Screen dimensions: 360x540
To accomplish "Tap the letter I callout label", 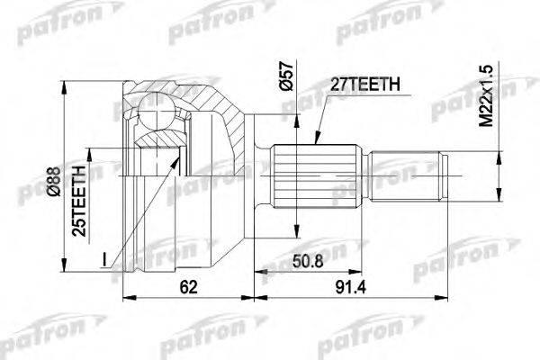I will point(105,260).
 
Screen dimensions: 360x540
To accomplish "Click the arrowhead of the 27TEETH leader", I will point(316,141).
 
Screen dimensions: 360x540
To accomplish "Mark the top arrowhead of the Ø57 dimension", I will point(285,115).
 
